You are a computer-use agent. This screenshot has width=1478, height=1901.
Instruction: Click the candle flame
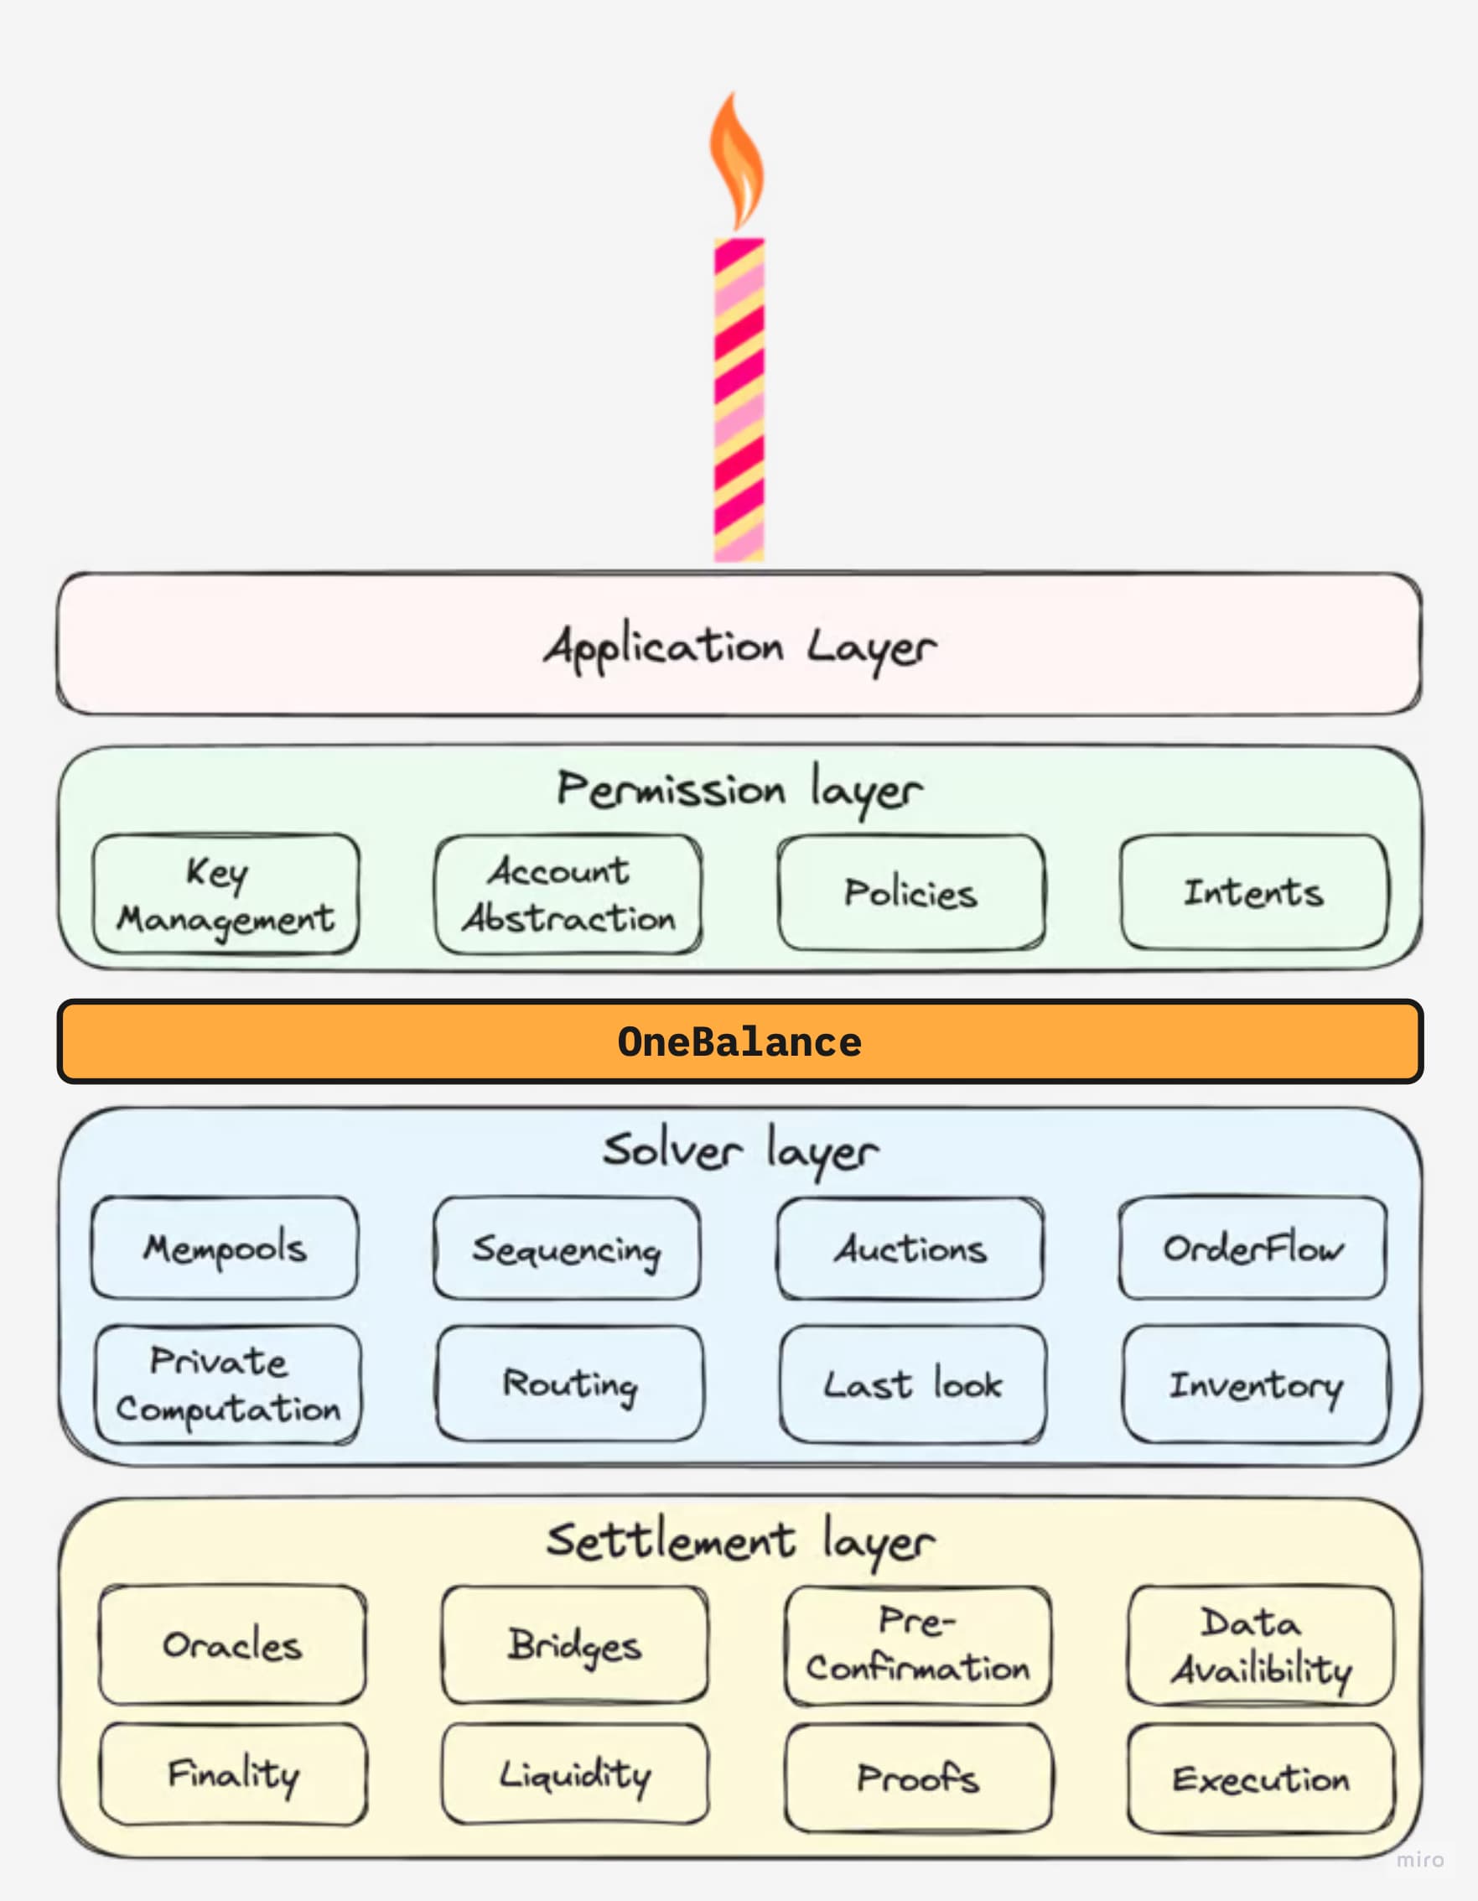click(x=736, y=165)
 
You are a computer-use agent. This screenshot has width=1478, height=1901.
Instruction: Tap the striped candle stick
click(x=739, y=400)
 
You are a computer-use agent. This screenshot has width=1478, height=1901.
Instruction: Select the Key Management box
click(x=226, y=894)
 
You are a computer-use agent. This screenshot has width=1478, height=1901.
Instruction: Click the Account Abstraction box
click(x=568, y=894)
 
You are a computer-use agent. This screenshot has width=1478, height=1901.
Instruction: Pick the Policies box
click(x=911, y=893)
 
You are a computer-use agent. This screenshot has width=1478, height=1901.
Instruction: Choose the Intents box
click(x=1253, y=892)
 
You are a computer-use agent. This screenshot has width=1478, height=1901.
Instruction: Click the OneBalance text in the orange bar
click(x=739, y=1041)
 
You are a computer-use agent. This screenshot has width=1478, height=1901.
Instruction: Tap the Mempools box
click(x=225, y=1248)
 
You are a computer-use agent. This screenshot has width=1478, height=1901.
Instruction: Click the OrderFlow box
click(x=1252, y=1248)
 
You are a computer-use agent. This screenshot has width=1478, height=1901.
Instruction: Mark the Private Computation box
click(x=227, y=1384)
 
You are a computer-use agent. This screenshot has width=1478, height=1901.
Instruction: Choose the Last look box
click(x=913, y=1384)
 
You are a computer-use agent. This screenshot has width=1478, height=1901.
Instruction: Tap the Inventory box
click(x=1256, y=1384)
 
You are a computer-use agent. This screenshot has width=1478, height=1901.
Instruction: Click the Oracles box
click(x=232, y=1644)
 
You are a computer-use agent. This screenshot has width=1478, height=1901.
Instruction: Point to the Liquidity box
click(x=574, y=1774)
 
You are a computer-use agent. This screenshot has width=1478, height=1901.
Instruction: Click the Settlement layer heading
click(x=740, y=1541)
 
